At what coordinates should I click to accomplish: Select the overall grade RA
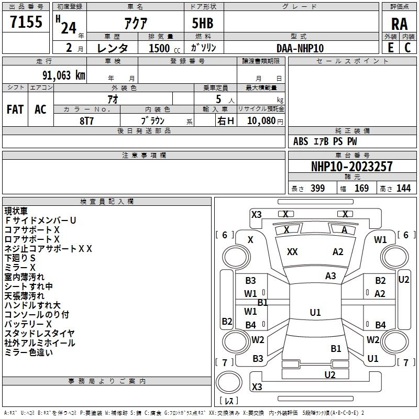[399, 24]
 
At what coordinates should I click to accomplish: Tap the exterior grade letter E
[390, 48]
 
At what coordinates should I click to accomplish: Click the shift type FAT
[15, 109]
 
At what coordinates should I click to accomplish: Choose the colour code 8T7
[86, 120]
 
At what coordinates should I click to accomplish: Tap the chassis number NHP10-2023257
[351, 167]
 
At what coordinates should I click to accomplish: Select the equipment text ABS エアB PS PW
[325, 141]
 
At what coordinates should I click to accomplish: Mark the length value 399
[317, 189]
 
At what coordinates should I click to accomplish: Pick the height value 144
[403, 189]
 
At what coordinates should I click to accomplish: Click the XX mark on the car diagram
[292, 252]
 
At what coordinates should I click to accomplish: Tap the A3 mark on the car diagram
[330, 276]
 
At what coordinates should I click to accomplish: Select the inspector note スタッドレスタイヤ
[40, 334]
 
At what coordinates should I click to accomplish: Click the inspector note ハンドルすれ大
[32, 305]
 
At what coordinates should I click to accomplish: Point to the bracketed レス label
[229, 401]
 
